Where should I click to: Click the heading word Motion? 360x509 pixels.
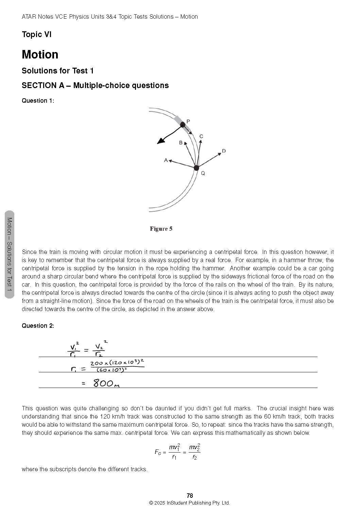point(40,54)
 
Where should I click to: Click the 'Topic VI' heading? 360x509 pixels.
point(36,34)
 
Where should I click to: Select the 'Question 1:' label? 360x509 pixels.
point(38,101)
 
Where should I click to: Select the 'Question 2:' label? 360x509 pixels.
point(38,326)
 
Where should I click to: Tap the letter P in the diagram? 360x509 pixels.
point(188,121)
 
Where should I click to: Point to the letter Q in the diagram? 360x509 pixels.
point(203,173)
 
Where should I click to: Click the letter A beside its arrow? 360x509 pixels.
point(166,160)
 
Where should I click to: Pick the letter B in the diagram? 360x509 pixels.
point(181,143)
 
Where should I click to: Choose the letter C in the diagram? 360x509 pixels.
point(201,136)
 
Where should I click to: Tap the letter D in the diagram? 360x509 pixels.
point(224,151)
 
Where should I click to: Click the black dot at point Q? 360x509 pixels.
point(196,168)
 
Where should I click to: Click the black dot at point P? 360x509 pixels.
point(183,125)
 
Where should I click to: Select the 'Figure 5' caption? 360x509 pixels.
point(161,229)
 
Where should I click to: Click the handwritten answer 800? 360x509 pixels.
point(103,384)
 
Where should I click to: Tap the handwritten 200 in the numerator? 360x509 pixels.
point(97,363)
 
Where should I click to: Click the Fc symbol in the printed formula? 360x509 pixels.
point(158,452)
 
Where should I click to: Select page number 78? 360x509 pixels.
point(190,495)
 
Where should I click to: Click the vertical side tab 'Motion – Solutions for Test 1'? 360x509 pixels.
point(10,254)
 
